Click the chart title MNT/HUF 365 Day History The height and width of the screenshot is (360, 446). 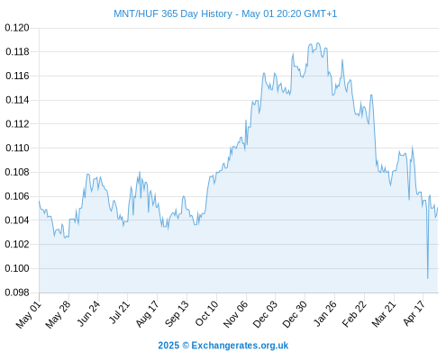coord(173,13)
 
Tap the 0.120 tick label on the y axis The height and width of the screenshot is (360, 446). coord(17,28)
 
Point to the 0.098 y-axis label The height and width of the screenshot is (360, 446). coord(17,292)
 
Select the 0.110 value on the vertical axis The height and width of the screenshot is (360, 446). coord(17,148)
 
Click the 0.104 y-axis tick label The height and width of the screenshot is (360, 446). coord(17,220)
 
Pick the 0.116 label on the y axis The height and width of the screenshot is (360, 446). coord(17,76)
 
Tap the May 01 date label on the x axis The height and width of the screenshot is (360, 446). coord(29,314)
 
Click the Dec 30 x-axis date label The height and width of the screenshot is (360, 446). coord(295,314)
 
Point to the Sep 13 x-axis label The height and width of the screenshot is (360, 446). coord(177,314)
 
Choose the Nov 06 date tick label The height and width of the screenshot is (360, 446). coord(236,314)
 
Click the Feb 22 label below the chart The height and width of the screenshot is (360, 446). coord(355,314)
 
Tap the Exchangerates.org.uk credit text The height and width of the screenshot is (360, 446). coord(240,346)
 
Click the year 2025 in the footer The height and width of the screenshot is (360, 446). coord(168,346)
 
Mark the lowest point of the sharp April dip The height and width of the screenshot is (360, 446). coord(428,278)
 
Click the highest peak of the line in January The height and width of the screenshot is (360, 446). coord(318,43)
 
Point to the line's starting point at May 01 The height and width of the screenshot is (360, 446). coord(39,202)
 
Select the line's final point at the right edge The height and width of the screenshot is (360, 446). coord(438,208)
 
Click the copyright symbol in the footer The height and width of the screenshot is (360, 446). coord(186,346)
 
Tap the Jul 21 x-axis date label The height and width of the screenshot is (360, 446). coord(119,313)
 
